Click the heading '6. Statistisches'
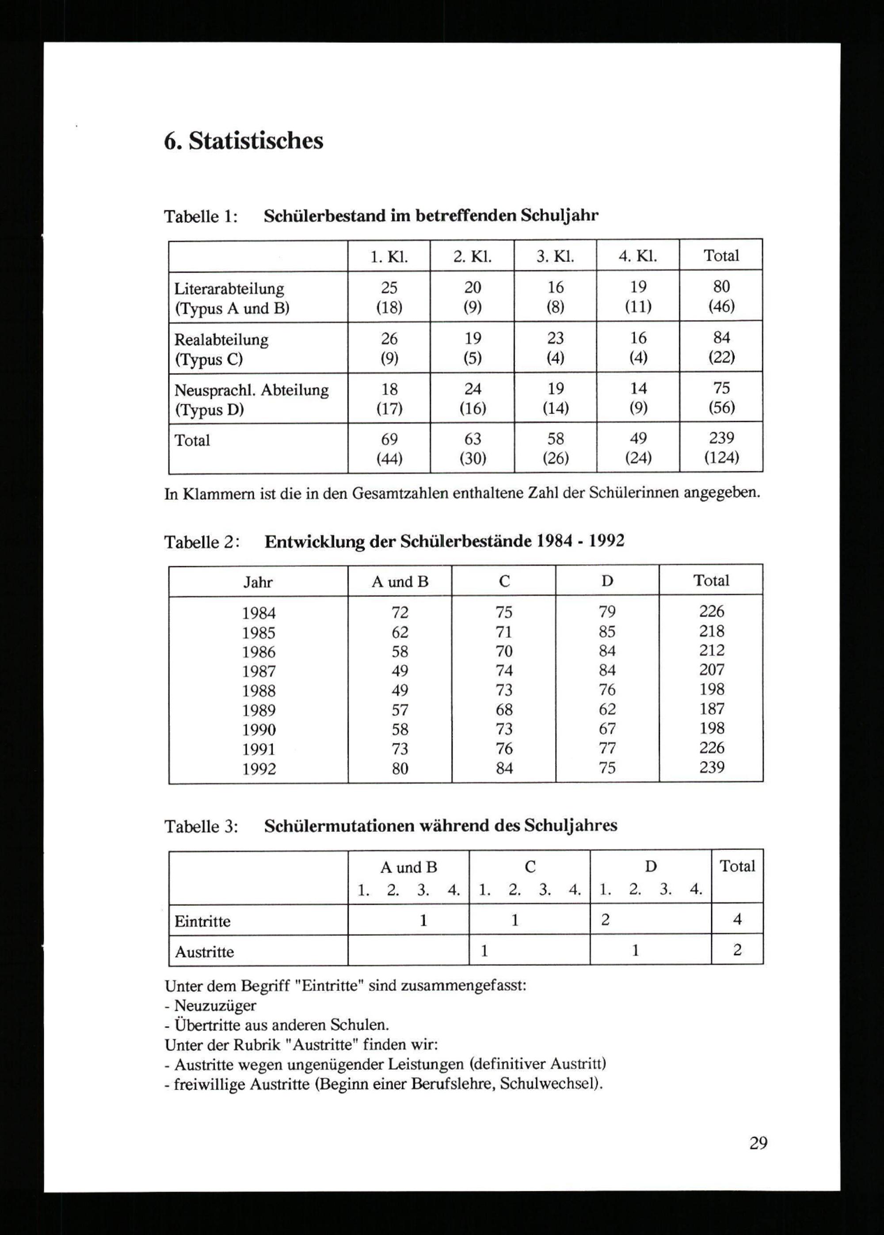click(x=243, y=141)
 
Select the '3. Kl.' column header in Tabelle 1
click(x=555, y=256)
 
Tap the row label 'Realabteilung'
click(x=221, y=339)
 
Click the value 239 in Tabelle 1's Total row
click(x=721, y=438)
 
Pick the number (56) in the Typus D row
click(x=721, y=408)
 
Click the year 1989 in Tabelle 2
click(x=259, y=710)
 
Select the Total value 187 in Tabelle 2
click(x=712, y=709)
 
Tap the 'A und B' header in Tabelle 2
click(x=400, y=582)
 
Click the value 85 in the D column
click(x=607, y=631)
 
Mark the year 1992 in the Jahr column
click(x=259, y=769)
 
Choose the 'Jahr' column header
click(x=258, y=583)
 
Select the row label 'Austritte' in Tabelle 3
click(x=204, y=952)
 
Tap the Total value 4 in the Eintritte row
click(x=737, y=919)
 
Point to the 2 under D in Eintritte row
click(x=605, y=920)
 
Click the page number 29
click(x=758, y=1143)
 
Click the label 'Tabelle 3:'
click(x=201, y=827)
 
